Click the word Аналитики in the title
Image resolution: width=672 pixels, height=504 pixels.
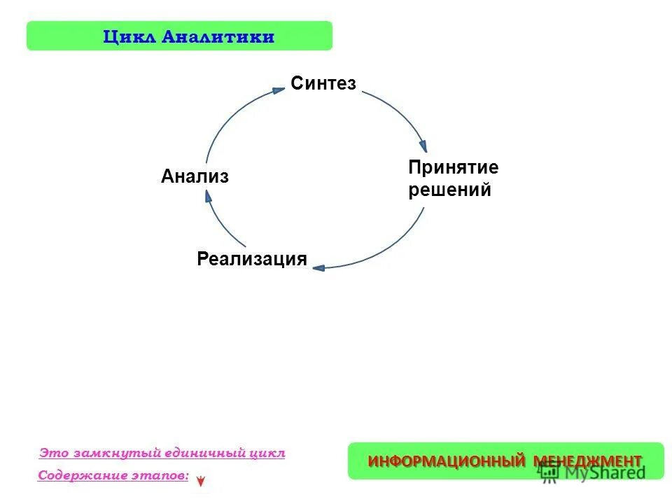click(x=217, y=36)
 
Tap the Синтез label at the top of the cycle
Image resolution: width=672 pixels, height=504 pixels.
click(x=323, y=84)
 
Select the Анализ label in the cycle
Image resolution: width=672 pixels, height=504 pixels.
click(x=195, y=177)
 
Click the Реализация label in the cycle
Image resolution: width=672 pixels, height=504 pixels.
click(x=252, y=259)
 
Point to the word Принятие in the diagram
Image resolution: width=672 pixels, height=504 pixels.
click(x=453, y=168)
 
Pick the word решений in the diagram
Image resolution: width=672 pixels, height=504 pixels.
click(x=449, y=190)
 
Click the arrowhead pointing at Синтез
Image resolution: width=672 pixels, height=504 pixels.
click(x=279, y=89)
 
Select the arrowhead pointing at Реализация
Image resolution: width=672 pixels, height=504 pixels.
click(x=318, y=267)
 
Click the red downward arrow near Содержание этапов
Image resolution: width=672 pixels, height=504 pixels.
click(x=201, y=482)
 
